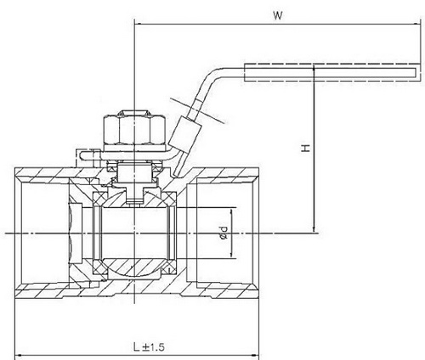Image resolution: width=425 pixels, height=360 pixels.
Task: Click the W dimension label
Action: tap(278, 14)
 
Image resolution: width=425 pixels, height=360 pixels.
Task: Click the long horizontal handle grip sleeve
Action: tap(332, 70)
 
